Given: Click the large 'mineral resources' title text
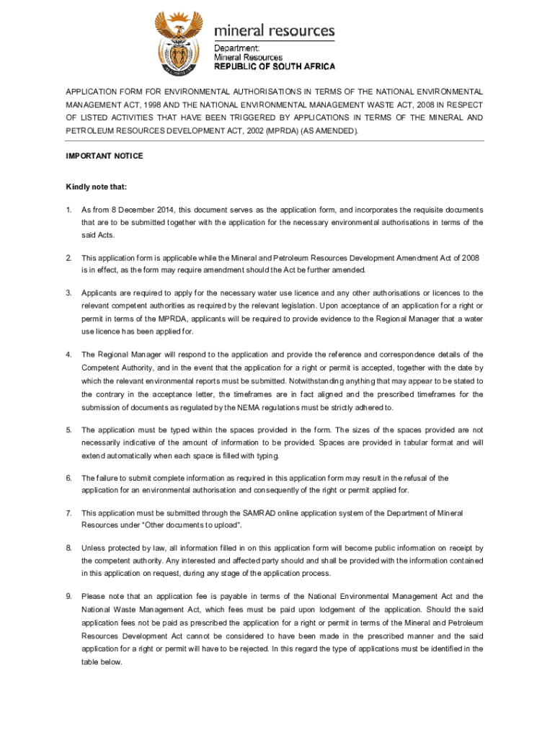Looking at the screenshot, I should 275,31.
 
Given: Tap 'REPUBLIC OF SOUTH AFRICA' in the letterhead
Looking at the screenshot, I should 275,66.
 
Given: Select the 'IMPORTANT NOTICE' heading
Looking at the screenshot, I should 105,156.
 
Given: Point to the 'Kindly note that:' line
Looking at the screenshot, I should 97,187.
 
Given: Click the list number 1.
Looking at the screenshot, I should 68,210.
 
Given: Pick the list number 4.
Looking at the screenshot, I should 68,355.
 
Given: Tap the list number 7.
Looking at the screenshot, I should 68,513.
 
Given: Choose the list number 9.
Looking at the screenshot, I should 68,596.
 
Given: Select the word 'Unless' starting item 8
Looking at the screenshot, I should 93,548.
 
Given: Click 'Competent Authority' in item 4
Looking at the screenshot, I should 115,368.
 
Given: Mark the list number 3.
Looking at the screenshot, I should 68,293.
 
